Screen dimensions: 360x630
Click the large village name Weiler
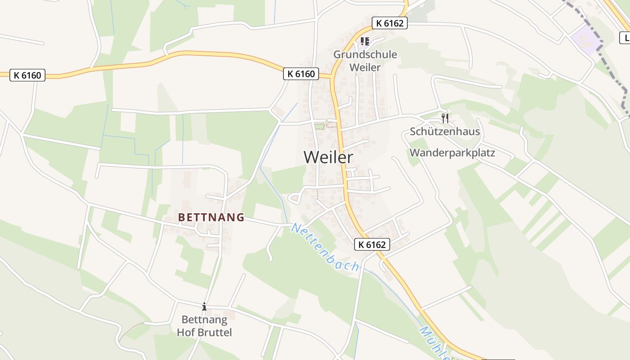[x=328, y=157]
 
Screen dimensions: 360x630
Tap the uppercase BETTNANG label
[x=211, y=217]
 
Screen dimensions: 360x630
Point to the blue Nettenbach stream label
[x=325, y=247]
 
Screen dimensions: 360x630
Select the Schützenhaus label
[x=445, y=132]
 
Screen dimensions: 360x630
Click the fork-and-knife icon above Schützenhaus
[x=445, y=118]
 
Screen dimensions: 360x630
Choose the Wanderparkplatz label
[x=452, y=153]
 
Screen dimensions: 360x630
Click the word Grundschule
[x=365, y=54]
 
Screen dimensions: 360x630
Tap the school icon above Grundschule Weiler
[x=365, y=41]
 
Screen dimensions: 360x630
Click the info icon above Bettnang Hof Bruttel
[x=204, y=307]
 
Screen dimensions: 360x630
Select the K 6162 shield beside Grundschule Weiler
[x=389, y=23]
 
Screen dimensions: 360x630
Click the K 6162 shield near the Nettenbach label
[x=372, y=244]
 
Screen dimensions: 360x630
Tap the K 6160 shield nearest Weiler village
[x=301, y=74]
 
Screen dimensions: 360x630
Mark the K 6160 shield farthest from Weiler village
[x=28, y=75]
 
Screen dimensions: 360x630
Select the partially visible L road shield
[x=625, y=38]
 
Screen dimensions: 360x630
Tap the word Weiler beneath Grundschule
[x=365, y=67]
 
